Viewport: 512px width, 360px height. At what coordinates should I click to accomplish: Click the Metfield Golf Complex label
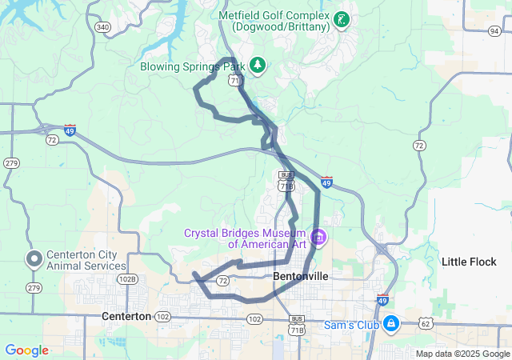tap(275, 21)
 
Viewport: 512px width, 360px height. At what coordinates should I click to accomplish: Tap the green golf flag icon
tap(342, 19)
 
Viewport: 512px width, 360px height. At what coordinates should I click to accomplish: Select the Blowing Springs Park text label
tap(192, 66)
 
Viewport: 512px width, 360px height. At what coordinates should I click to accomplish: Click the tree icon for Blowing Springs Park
tap(258, 64)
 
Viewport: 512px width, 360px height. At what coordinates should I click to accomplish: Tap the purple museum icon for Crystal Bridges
tap(318, 237)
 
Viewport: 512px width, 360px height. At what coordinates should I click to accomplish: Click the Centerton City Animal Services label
tap(82, 260)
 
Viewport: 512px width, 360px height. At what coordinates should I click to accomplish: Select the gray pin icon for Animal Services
tap(34, 259)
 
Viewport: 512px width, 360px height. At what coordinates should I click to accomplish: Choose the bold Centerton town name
tap(126, 317)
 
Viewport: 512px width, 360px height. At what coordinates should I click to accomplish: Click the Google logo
tap(27, 350)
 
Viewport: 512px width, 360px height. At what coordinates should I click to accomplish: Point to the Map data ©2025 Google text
tap(462, 354)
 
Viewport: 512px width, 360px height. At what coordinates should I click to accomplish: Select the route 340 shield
tap(102, 27)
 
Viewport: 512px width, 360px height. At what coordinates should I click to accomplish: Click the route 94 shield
tap(494, 30)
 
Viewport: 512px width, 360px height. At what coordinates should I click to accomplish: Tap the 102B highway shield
tap(126, 279)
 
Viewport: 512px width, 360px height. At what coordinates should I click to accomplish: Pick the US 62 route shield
tap(425, 323)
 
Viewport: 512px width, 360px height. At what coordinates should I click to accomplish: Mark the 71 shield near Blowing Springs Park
tap(234, 82)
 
